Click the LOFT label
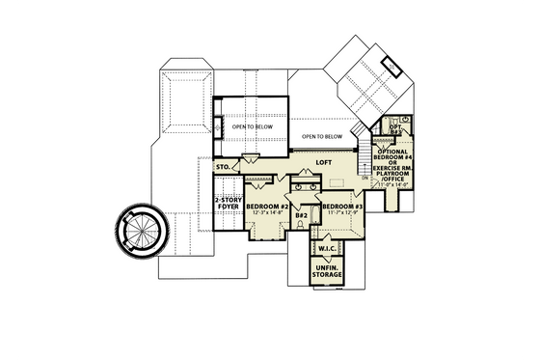pyautogui.click(x=325, y=162)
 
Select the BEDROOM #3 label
pyautogui.click(x=341, y=207)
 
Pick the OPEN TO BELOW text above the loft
pyautogui.click(x=321, y=136)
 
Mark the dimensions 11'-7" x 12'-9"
pyautogui.click(x=341, y=214)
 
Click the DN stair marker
pyautogui.click(x=365, y=180)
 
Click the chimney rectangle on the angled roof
pyautogui.click(x=393, y=66)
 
